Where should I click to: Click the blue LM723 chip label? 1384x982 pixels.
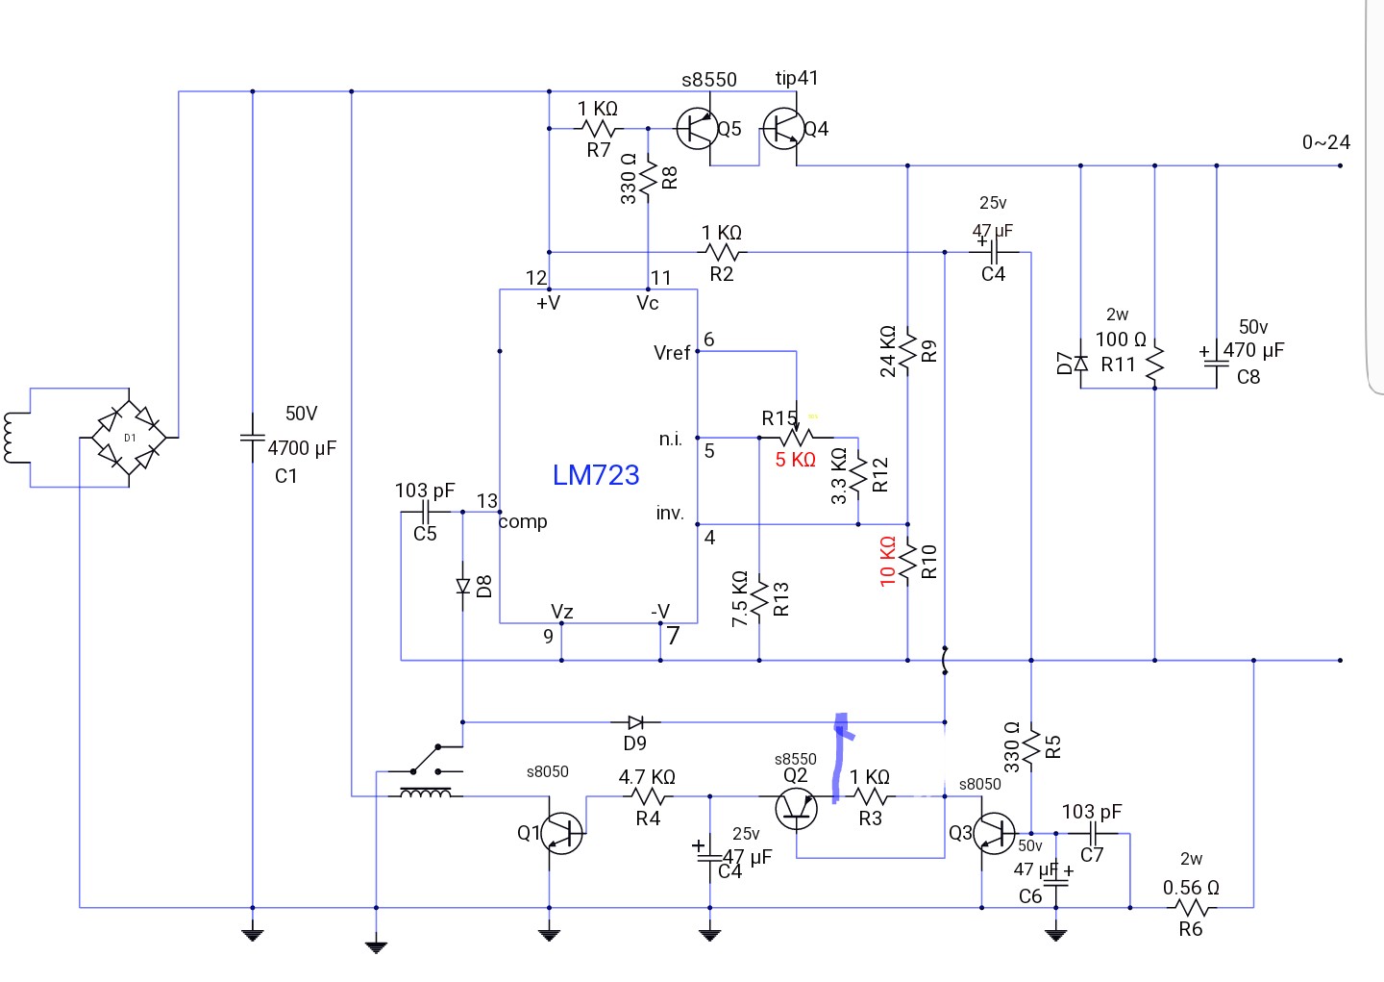click(596, 475)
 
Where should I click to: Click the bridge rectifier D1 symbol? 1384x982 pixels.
click(129, 438)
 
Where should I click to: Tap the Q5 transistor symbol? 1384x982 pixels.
click(697, 129)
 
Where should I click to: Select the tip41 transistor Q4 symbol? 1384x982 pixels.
click(783, 129)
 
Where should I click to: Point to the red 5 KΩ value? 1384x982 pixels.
click(795, 460)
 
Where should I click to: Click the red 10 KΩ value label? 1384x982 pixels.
click(887, 562)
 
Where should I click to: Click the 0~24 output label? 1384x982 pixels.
click(1326, 142)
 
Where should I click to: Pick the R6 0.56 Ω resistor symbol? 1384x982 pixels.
click(1191, 908)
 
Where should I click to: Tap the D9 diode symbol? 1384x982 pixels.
click(636, 722)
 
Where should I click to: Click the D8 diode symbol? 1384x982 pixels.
click(463, 586)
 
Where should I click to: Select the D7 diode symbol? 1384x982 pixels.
click(1080, 363)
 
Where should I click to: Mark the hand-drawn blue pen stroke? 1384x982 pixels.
click(840, 758)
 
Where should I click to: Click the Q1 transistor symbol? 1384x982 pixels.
click(561, 834)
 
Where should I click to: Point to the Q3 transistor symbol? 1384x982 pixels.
click(994, 834)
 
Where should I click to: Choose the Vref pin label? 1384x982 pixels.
click(672, 353)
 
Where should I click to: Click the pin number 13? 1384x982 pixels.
click(487, 501)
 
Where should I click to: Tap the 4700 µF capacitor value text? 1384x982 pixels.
click(302, 448)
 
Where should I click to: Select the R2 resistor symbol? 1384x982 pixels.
click(722, 252)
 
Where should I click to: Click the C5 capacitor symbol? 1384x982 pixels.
click(426, 512)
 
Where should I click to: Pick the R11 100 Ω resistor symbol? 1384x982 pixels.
click(1155, 364)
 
